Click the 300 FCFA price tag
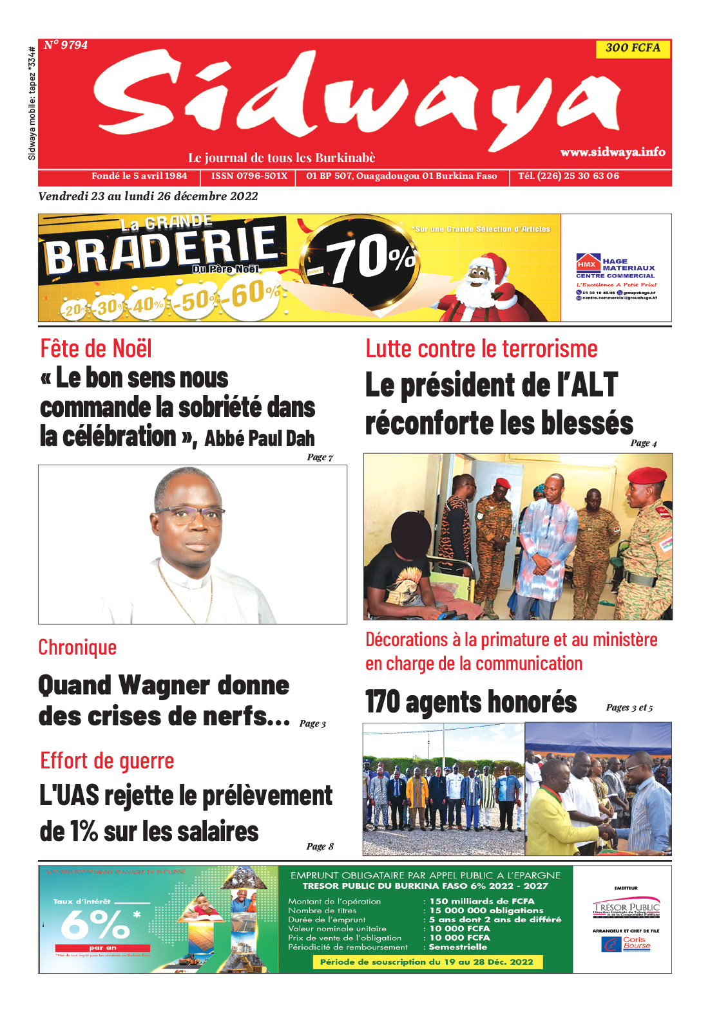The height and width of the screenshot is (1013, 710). [633, 48]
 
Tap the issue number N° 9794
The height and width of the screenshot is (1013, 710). [66, 45]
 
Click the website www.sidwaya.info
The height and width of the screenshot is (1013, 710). [612, 152]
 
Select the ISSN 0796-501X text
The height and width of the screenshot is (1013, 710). [249, 176]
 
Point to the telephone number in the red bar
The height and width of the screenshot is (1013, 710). [568, 176]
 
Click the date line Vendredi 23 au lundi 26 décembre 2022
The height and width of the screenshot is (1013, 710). [148, 196]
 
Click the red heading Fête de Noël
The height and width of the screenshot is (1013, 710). [96, 349]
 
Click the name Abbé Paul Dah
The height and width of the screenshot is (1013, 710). [260, 439]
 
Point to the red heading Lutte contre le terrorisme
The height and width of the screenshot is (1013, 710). [481, 349]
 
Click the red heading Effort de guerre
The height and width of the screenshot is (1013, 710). [107, 761]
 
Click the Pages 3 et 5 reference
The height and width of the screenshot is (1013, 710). [629, 708]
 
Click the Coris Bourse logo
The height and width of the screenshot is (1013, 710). [627, 943]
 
